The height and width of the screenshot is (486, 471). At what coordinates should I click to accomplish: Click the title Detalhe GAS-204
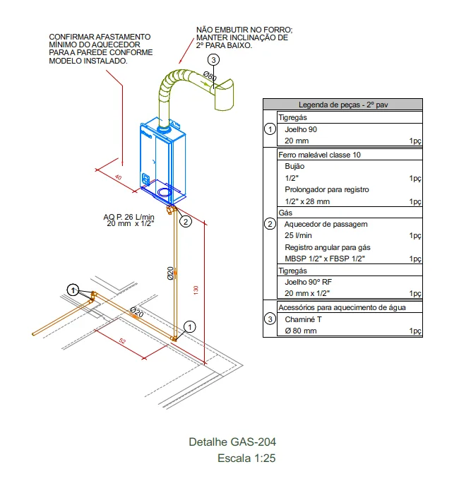[x=232, y=442]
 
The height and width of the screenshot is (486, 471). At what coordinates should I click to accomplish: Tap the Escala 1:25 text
[x=246, y=458]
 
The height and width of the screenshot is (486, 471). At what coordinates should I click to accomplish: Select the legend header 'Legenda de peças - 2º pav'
[x=342, y=105]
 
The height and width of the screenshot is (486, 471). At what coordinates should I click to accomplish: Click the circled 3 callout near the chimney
[x=214, y=60]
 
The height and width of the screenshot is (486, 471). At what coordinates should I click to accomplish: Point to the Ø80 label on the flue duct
[x=210, y=76]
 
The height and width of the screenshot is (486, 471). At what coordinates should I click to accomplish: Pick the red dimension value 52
[x=123, y=341]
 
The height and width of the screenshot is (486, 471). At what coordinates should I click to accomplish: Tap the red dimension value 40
[x=118, y=177]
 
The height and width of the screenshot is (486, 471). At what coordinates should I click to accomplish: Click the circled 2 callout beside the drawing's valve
[x=185, y=221]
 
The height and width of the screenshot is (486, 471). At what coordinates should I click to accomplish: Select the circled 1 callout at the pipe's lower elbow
[x=189, y=326]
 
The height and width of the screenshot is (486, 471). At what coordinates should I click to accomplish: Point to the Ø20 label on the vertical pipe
[x=170, y=273]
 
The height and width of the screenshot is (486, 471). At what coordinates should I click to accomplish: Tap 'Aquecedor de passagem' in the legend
[x=316, y=224]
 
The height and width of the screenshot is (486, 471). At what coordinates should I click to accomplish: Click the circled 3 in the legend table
[x=270, y=319]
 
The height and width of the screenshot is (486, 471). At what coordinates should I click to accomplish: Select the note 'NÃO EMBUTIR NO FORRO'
[x=244, y=30]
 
